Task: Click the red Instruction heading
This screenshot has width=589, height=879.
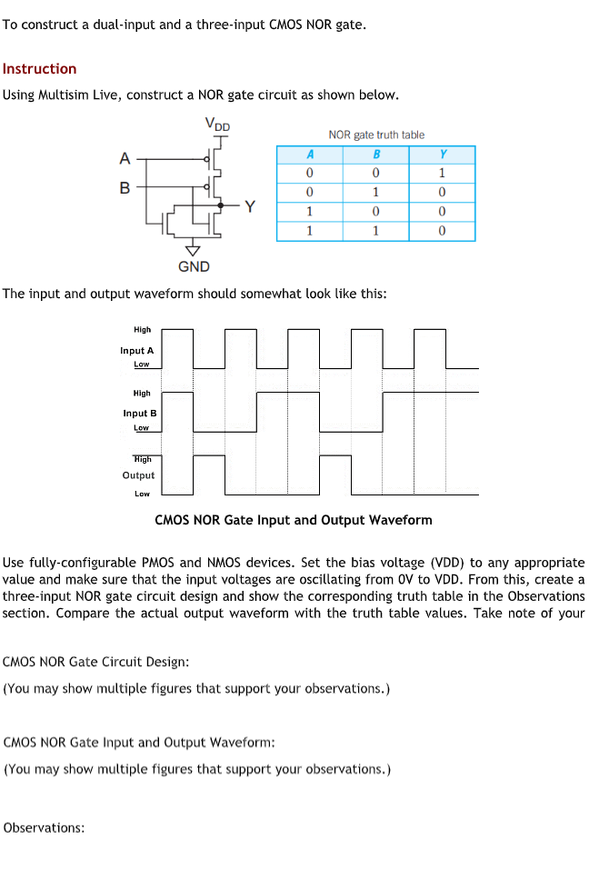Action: click(39, 69)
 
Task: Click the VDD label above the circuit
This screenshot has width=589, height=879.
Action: click(217, 124)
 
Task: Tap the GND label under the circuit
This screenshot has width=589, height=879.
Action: click(194, 266)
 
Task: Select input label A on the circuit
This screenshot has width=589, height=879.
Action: click(125, 159)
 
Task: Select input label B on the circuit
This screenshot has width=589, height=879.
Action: click(125, 188)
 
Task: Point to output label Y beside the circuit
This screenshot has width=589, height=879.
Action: click(250, 206)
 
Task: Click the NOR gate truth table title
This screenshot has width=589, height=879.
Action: click(376, 135)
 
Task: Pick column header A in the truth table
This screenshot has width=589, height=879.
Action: click(310, 154)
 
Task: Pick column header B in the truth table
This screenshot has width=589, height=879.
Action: click(376, 154)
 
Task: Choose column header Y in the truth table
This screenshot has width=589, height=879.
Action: click(442, 154)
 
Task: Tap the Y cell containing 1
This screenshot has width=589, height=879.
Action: click(442, 173)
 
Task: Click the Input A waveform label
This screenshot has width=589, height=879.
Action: click(137, 350)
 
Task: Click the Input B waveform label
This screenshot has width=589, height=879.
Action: click(140, 413)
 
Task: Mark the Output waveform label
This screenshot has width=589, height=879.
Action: click(138, 475)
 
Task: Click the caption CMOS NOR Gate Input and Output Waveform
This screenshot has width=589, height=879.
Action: click(294, 520)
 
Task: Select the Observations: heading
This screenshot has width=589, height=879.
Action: click(45, 827)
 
